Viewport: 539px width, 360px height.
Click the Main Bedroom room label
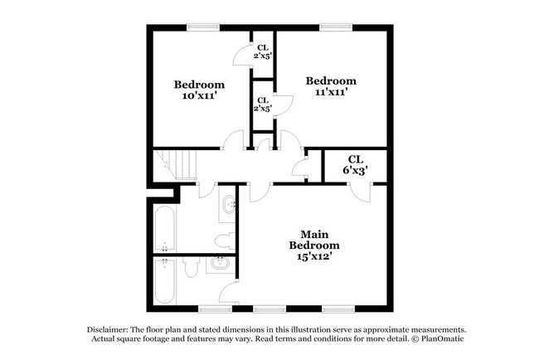[314, 240]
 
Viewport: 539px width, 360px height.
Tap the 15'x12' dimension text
[314, 256]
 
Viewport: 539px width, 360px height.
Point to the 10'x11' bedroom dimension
[199, 95]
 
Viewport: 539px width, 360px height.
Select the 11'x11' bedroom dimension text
[331, 92]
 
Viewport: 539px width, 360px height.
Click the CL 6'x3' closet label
[356, 165]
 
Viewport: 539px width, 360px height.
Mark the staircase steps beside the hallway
[175, 164]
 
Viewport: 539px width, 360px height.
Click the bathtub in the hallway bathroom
[165, 228]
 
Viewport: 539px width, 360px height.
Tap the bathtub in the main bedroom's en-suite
[165, 280]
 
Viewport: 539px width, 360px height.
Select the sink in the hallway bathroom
[228, 205]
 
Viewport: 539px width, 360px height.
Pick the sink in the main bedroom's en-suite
[220, 264]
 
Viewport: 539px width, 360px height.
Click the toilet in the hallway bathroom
[226, 241]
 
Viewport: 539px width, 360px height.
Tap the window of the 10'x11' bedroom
[203, 27]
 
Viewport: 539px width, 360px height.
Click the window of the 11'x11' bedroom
[336, 27]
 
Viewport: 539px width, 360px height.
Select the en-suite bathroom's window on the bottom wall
[216, 309]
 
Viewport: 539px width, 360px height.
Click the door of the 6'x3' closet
[361, 193]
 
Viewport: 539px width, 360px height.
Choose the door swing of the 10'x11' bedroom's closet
[242, 56]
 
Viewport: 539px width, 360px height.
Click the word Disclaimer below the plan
[108, 329]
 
